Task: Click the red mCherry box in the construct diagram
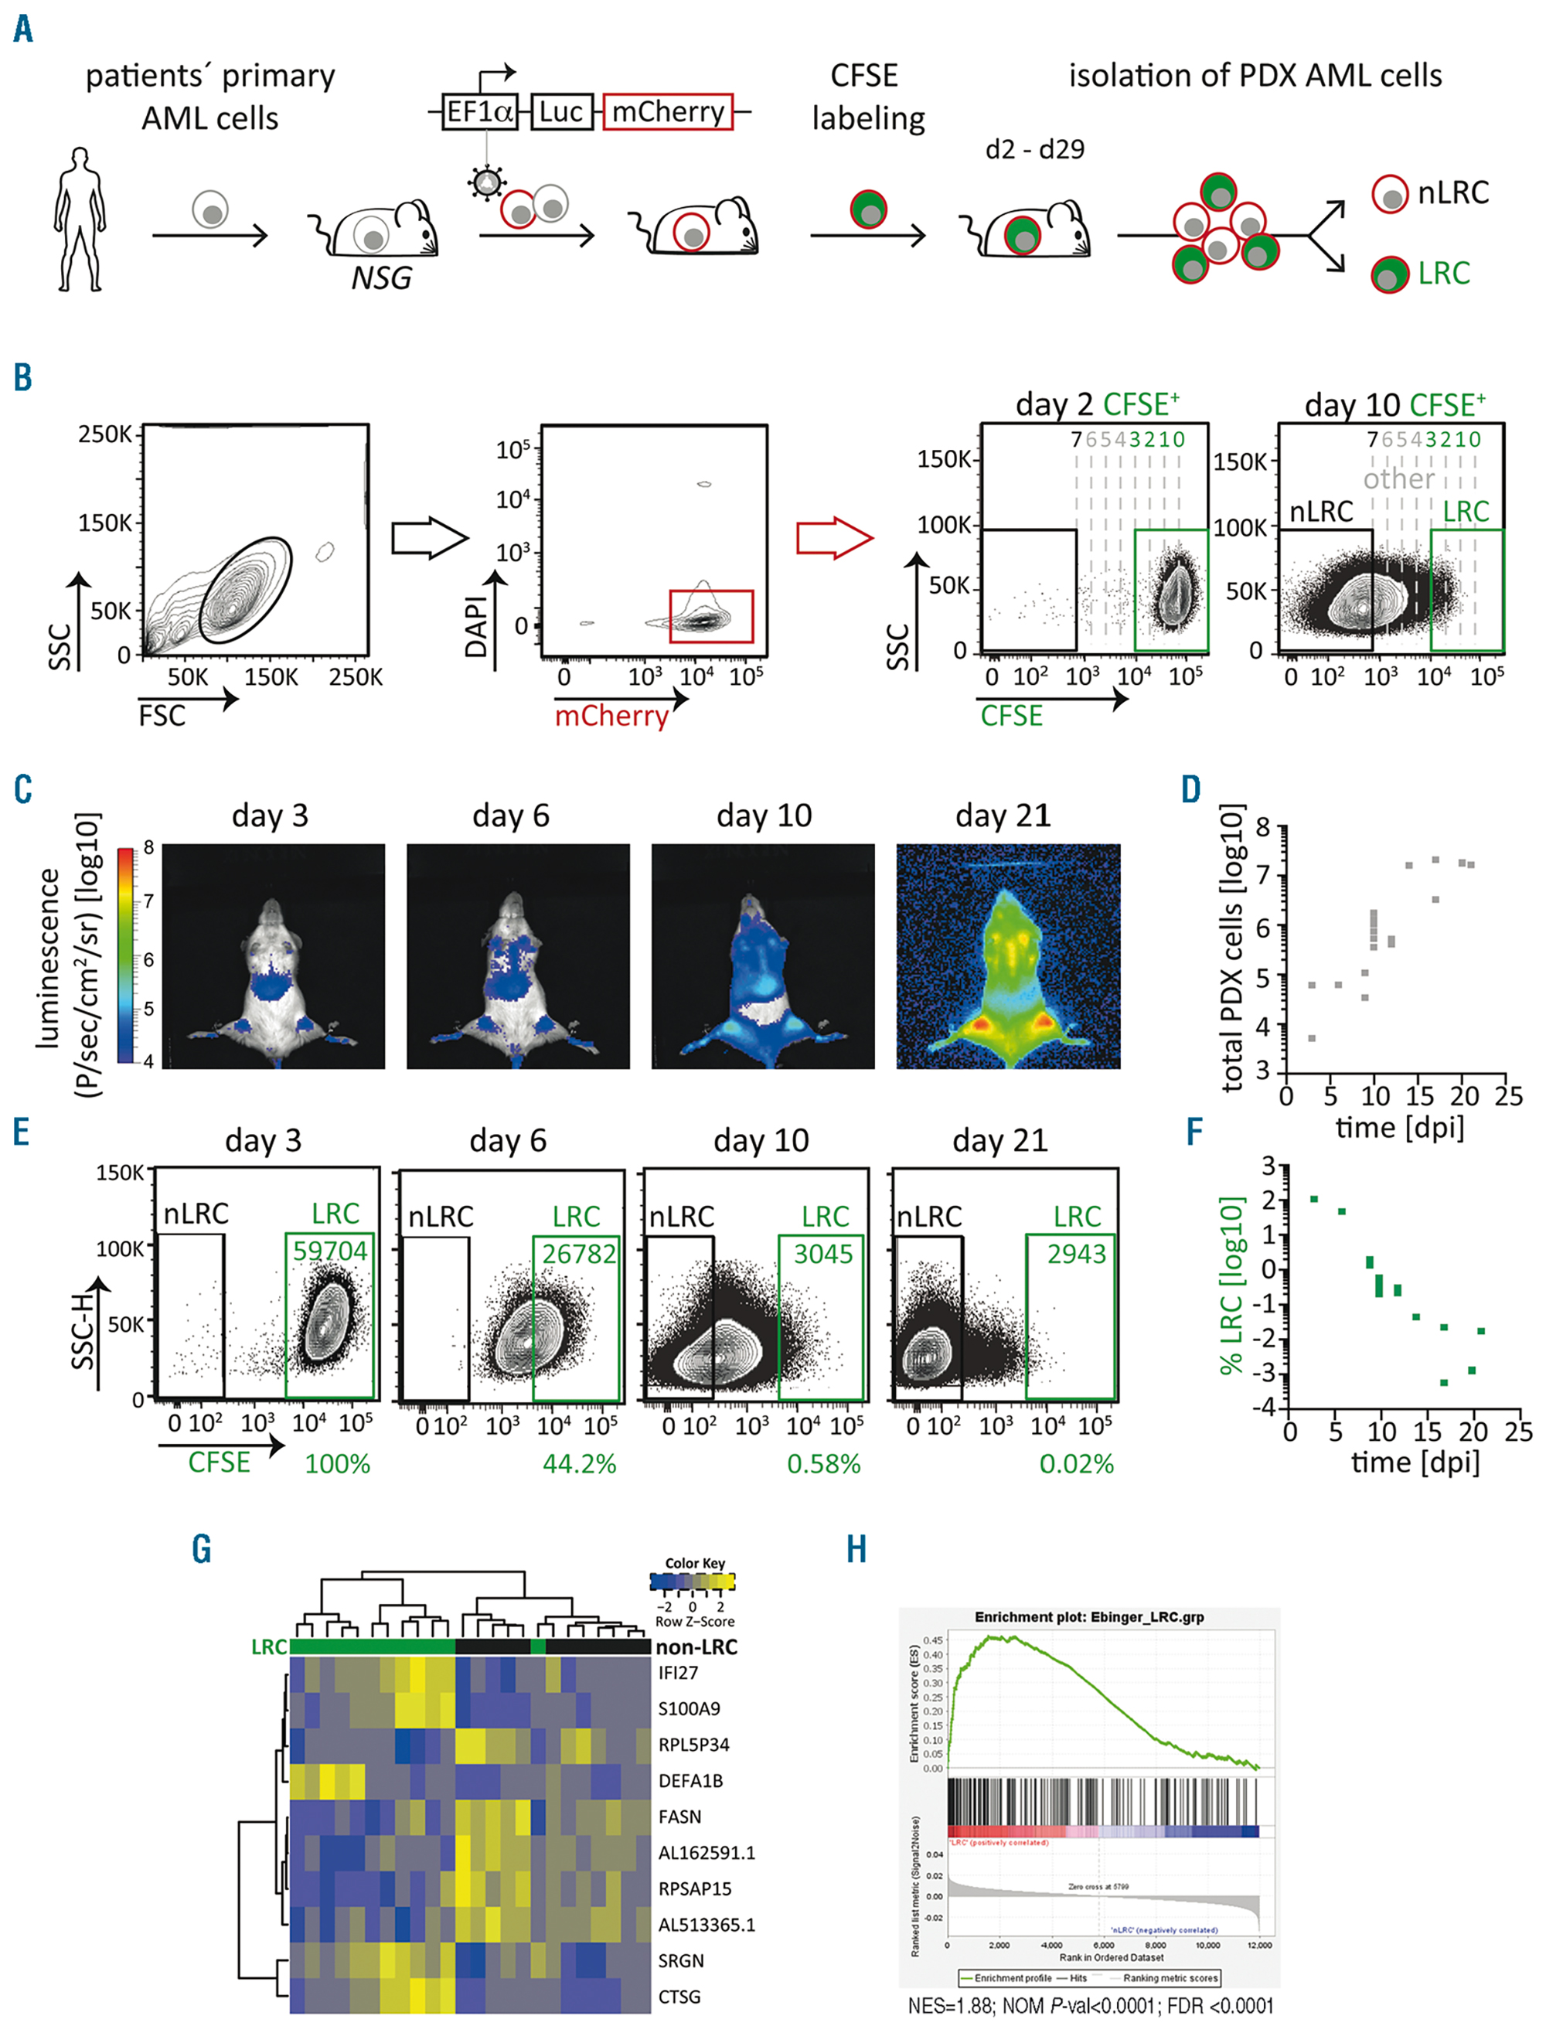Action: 667,112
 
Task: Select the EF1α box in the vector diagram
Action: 478,112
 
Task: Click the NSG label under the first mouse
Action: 381,277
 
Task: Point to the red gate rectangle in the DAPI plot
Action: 710,616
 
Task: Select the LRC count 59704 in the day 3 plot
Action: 329,1250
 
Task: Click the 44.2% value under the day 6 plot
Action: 579,1463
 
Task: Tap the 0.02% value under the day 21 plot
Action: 1076,1463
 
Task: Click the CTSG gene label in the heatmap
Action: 679,1996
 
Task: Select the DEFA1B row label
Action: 690,1780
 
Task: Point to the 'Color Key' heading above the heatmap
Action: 695,1563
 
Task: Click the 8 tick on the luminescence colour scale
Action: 149,849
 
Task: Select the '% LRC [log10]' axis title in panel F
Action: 1231,1286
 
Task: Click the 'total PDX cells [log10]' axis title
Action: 1231,948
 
